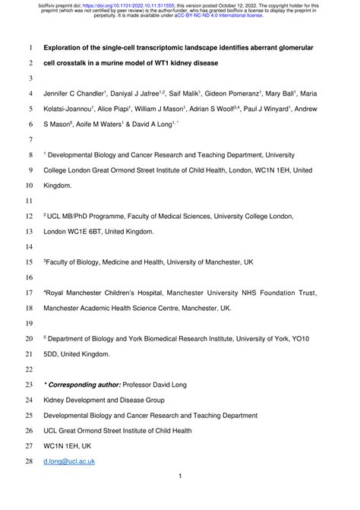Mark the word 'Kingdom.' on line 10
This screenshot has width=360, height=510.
[60, 185]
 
